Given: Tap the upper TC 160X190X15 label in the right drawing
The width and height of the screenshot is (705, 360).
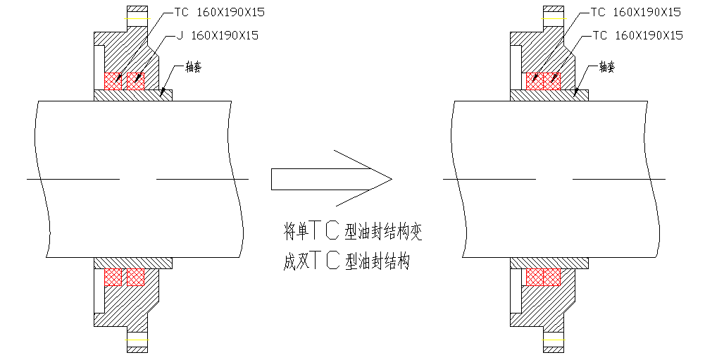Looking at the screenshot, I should point(636,12).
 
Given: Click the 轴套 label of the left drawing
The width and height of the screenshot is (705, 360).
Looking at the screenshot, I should point(193,67).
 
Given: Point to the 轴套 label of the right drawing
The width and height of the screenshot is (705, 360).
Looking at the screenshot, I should point(607,67).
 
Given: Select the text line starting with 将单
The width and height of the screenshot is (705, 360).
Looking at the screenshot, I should point(352,230).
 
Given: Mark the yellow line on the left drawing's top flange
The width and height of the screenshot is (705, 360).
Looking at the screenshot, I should point(137,18).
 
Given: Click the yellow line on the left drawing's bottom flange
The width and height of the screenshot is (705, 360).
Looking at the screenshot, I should point(137,342).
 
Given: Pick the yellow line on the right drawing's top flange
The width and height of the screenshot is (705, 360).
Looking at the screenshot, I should point(554,18).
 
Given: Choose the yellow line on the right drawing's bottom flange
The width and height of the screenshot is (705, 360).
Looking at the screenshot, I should point(554,342).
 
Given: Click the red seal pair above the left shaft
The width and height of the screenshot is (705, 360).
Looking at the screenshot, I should point(124,81).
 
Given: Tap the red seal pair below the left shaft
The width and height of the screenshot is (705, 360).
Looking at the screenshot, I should point(124,277).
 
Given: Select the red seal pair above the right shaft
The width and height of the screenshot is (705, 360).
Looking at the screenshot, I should point(543,81).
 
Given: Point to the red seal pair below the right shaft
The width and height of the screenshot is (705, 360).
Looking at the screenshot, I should point(543,277).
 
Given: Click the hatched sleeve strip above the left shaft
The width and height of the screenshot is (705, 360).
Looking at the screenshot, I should point(133,95).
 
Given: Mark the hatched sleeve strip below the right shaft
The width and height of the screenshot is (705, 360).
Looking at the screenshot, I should point(549,263).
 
